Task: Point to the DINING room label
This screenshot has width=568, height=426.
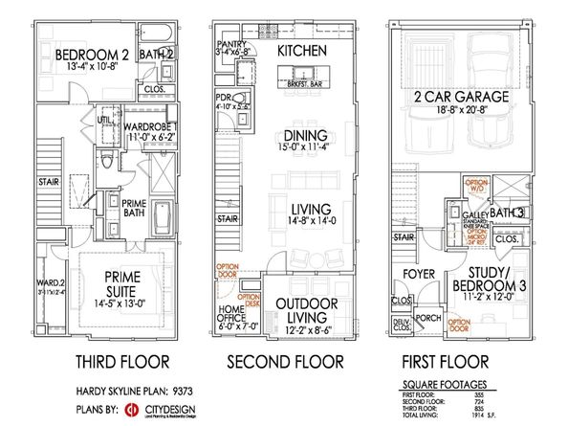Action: [302, 135]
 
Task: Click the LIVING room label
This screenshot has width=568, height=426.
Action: [301, 209]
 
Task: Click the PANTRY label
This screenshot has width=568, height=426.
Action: [231, 44]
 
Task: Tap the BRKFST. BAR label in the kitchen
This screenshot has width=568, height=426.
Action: [301, 83]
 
